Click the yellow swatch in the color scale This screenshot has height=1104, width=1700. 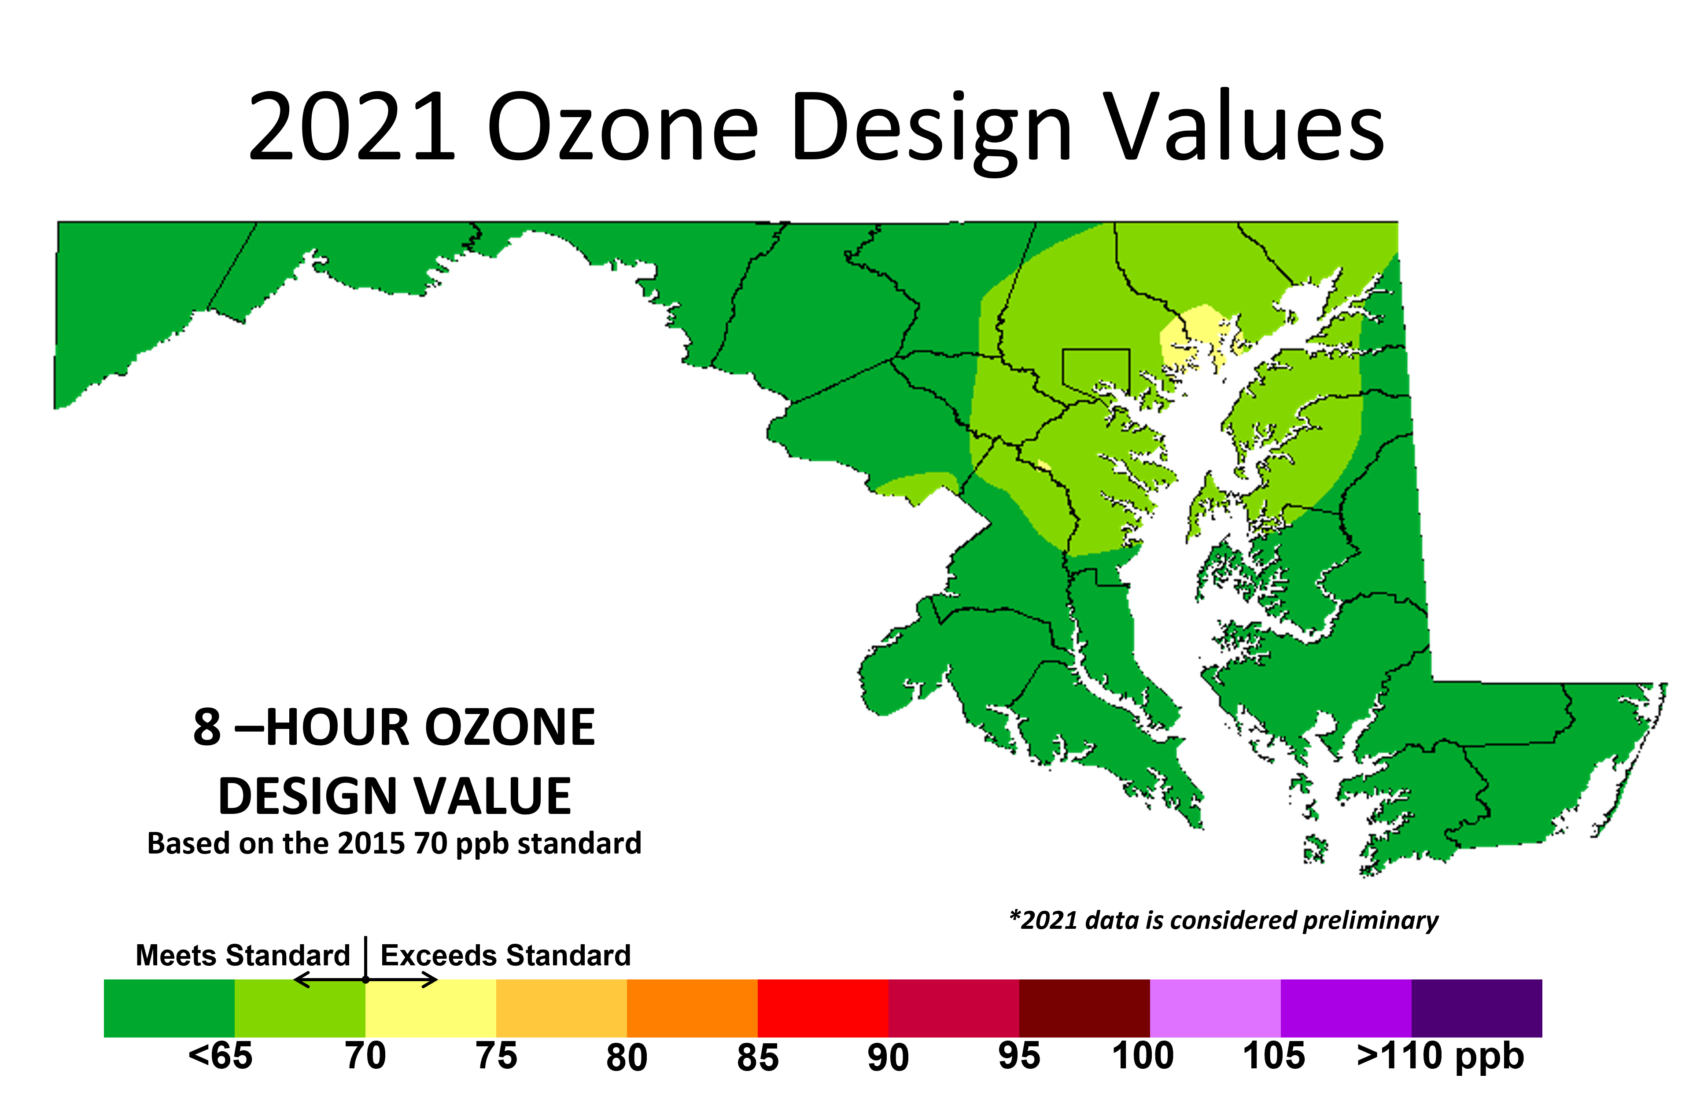pyautogui.click(x=431, y=1008)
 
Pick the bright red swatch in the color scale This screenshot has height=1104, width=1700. pyautogui.click(x=823, y=1008)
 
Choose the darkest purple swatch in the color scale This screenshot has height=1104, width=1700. pyautogui.click(x=1476, y=1008)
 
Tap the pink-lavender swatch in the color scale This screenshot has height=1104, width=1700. pyautogui.click(x=1215, y=1008)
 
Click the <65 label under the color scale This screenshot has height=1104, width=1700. pyautogui.click(x=220, y=1056)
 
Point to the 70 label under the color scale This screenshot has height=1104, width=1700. pyautogui.click(x=365, y=1056)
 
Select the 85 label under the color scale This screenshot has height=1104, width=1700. pyautogui.click(x=758, y=1057)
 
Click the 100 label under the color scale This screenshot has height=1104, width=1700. pyautogui.click(x=1143, y=1056)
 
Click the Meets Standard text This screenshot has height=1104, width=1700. pyautogui.click(x=243, y=955)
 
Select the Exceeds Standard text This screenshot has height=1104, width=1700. pyautogui.click(x=506, y=955)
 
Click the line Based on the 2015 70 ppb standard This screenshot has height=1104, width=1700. pyautogui.click(x=394, y=843)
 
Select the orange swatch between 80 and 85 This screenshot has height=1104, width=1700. pyautogui.click(x=692, y=1008)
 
